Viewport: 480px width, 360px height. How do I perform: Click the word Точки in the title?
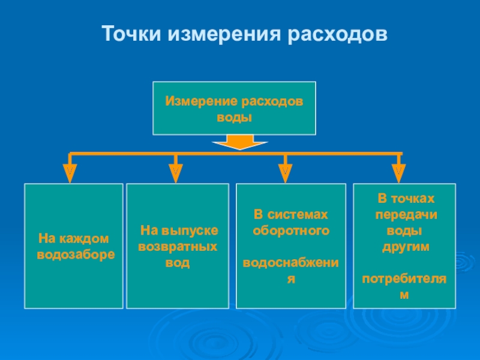pyautogui.click(x=131, y=34)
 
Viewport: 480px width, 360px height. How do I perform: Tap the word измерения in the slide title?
pyautogui.click(x=224, y=34)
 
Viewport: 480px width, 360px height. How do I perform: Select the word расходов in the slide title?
pyautogui.click(x=337, y=34)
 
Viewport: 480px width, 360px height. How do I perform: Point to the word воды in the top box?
pyautogui.click(x=234, y=118)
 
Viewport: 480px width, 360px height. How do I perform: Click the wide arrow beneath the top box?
pyautogui.click(x=240, y=142)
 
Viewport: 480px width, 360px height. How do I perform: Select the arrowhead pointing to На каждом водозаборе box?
pyautogui.click(x=70, y=173)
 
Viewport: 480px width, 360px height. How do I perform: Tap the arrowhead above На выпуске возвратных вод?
pyautogui.click(x=176, y=173)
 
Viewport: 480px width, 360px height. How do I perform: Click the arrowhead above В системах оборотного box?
pyautogui.click(x=286, y=173)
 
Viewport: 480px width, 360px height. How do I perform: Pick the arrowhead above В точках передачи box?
pyautogui.click(x=398, y=173)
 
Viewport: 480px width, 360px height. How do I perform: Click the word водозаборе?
pyautogui.click(x=76, y=255)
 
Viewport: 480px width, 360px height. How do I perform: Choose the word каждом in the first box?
pyautogui.click(x=84, y=239)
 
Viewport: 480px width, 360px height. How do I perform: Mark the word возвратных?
pyautogui.click(x=178, y=247)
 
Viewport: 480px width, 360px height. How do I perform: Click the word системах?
pyautogui.click(x=298, y=215)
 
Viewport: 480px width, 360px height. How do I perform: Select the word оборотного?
pyautogui.click(x=291, y=231)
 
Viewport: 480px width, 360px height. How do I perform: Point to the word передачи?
pyautogui.click(x=406, y=215)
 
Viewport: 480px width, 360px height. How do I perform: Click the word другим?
pyautogui.click(x=406, y=247)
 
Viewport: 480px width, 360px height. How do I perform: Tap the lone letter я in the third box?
pyautogui.click(x=291, y=279)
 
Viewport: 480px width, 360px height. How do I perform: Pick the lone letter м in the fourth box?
pyautogui.click(x=404, y=295)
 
